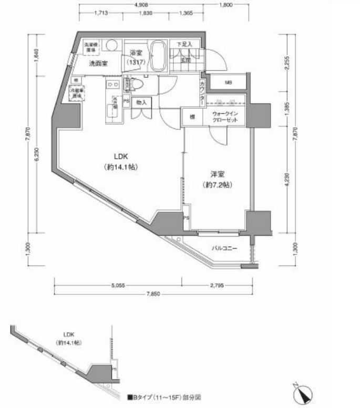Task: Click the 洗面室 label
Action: coord(98,64)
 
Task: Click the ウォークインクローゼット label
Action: coord(225,117)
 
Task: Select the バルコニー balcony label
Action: coord(224,249)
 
